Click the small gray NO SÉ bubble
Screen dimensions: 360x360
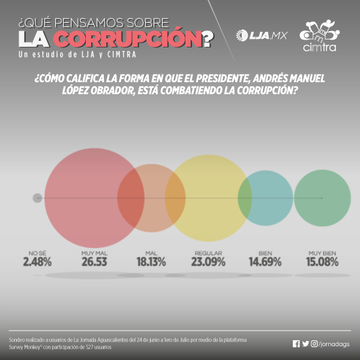(x=37, y=197)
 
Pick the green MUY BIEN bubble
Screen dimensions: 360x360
(x=322, y=198)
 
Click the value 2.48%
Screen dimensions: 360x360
(x=37, y=262)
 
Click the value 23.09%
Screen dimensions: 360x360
(x=209, y=262)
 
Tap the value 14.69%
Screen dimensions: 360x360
(x=265, y=262)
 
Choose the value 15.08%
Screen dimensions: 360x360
(x=323, y=262)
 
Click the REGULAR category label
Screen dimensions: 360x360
(x=209, y=253)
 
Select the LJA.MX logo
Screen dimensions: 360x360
(x=262, y=35)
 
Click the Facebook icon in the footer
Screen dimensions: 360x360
(x=296, y=344)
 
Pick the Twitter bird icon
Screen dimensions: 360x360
(x=305, y=344)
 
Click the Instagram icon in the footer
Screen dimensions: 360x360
(x=314, y=344)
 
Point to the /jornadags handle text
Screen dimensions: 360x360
(x=334, y=344)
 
